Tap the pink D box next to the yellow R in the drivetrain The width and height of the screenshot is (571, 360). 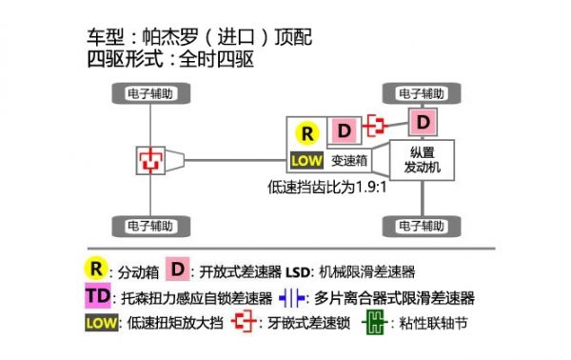345,130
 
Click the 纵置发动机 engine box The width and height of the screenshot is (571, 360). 421,160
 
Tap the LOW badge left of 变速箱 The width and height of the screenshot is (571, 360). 306,160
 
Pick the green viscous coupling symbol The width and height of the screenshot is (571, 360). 379,323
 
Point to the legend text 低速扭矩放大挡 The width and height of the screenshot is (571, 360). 174,323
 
